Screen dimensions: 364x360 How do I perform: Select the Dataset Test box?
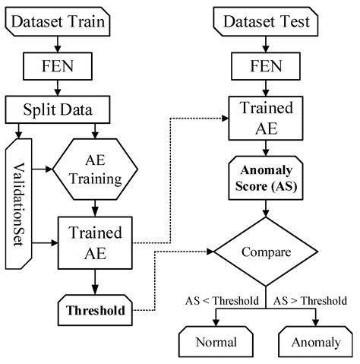pos(263,24)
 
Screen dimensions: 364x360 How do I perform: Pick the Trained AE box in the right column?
pos(263,118)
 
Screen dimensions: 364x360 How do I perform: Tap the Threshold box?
pos(93,310)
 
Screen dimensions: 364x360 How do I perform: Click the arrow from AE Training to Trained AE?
pos(93,207)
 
